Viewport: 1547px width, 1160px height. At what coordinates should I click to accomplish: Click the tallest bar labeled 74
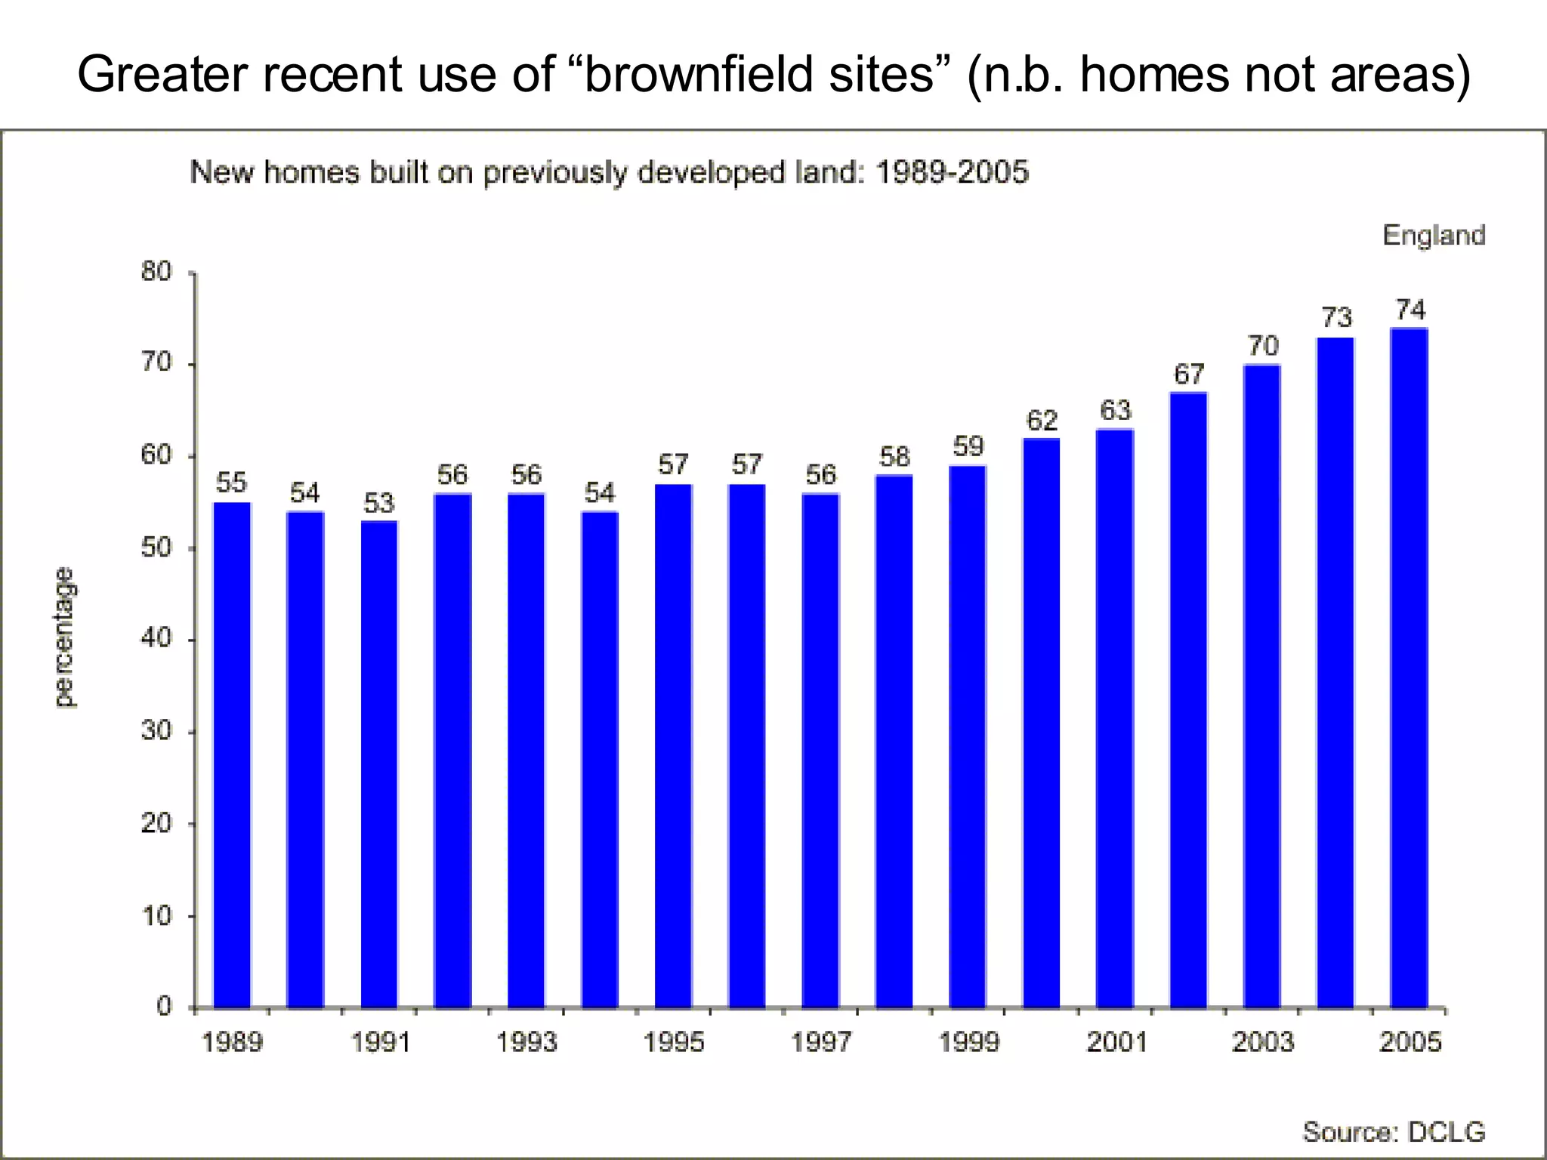[x=1409, y=668]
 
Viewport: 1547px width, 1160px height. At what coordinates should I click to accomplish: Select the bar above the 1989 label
[x=232, y=755]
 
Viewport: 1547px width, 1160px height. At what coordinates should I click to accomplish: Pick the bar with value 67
[x=1188, y=700]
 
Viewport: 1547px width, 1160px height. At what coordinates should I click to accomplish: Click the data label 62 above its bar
[x=1042, y=421]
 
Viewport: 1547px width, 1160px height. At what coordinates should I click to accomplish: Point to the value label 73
[x=1335, y=318]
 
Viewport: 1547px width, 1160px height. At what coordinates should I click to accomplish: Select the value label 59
[x=968, y=447]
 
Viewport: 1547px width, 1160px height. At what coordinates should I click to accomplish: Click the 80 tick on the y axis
[x=156, y=272]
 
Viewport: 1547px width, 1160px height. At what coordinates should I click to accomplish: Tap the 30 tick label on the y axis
[x=156, y=731]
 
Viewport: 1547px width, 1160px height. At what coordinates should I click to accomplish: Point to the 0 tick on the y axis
[x=164, y=1007]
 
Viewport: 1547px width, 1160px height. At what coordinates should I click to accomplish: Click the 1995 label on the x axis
[x=673, y=1043]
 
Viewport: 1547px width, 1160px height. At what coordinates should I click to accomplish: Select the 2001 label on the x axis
[x=1116, y=1043]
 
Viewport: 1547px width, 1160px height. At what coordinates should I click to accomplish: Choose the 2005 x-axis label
[x=1410, y=1043]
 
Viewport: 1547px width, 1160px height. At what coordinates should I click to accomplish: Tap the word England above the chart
[x=1434, y=236]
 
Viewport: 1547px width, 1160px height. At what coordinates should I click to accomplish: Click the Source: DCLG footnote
[x=1394, y=1132]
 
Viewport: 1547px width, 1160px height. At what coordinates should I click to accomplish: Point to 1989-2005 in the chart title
[x=952, y=173]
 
